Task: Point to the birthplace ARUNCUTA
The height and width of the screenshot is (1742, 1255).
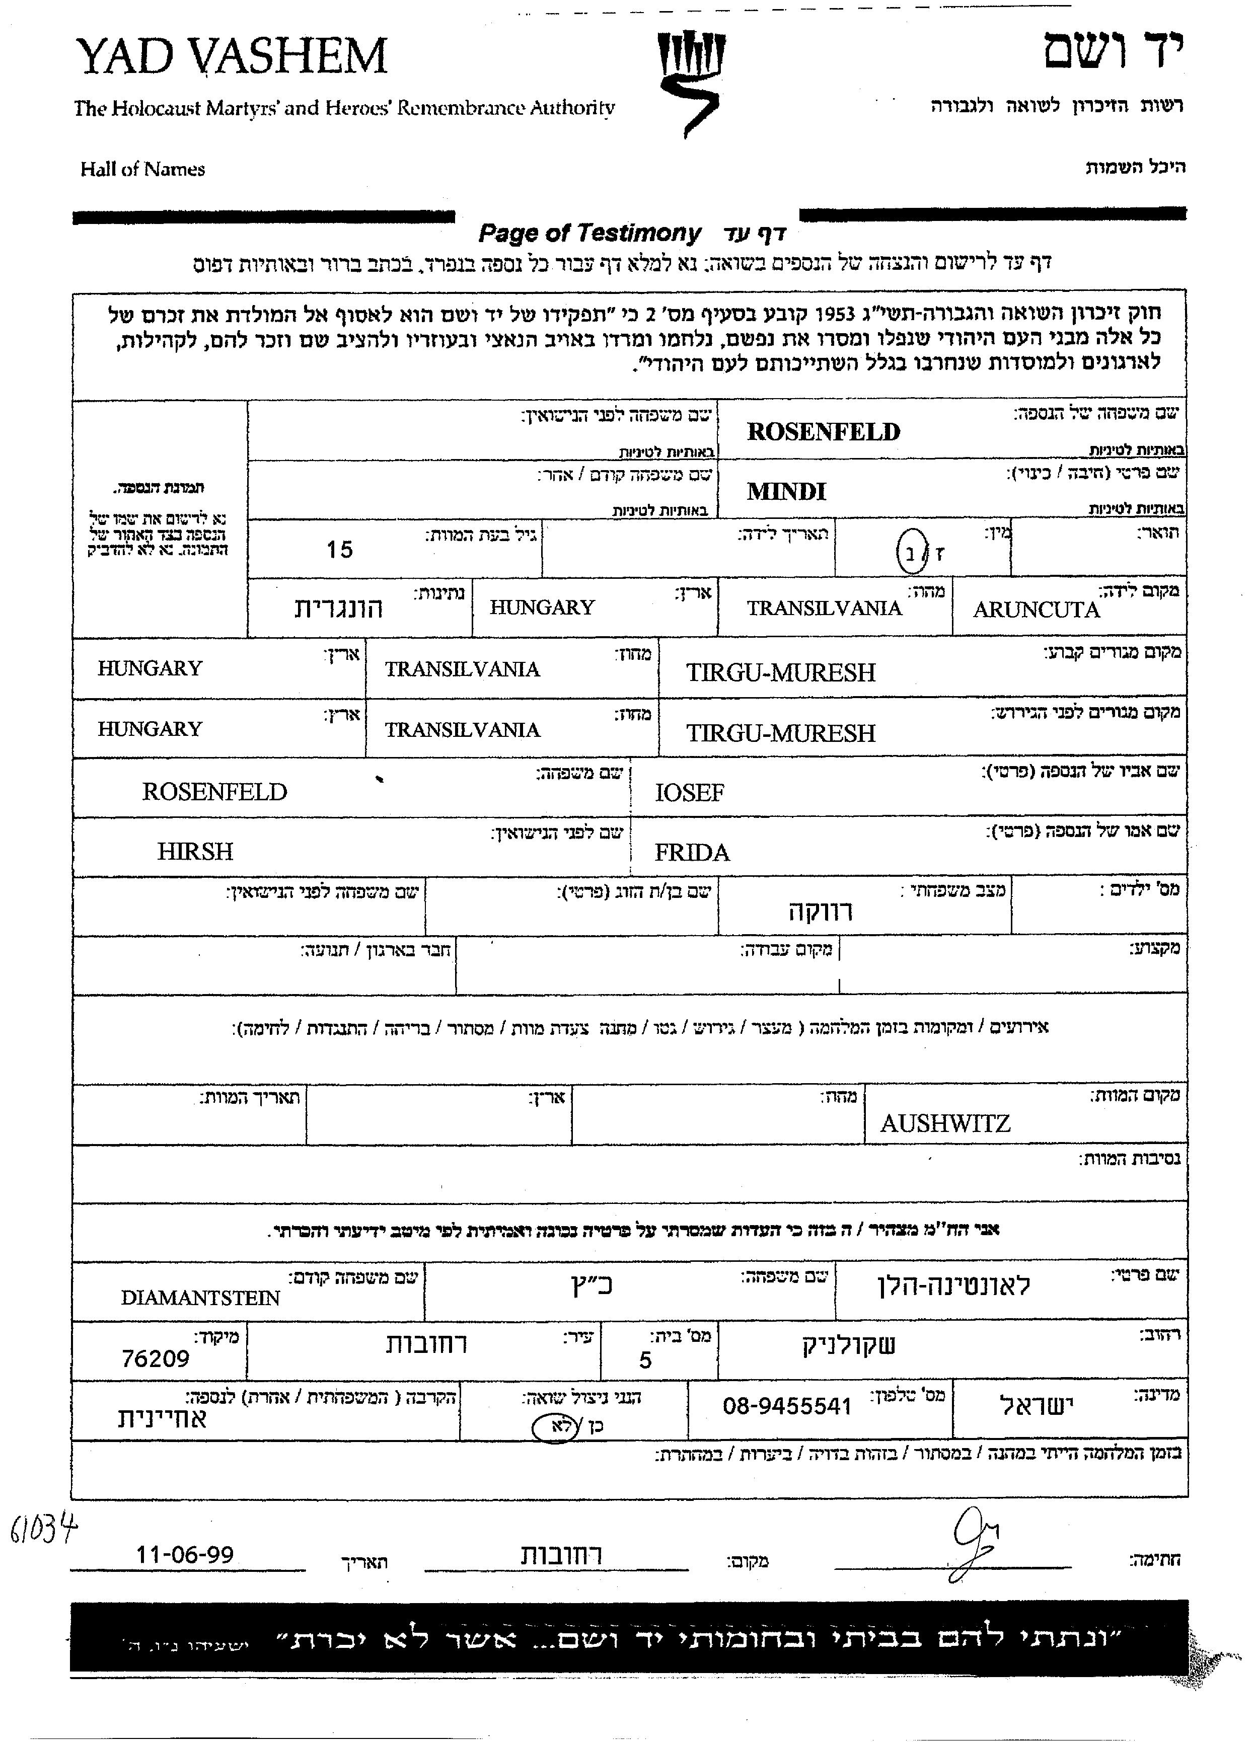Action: click(1036, 610)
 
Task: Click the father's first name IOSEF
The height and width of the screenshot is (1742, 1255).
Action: click(689, 793)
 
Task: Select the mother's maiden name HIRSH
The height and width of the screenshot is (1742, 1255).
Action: click(195, 852)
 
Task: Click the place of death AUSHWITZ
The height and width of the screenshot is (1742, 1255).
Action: click(945, 1124)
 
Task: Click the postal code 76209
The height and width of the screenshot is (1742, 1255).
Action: click(155, 1359)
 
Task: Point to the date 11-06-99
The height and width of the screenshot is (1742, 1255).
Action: click(184, 1555)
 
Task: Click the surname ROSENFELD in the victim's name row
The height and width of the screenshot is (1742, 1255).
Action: click(824, 432)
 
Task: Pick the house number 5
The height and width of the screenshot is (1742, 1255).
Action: click(645, 1360)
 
